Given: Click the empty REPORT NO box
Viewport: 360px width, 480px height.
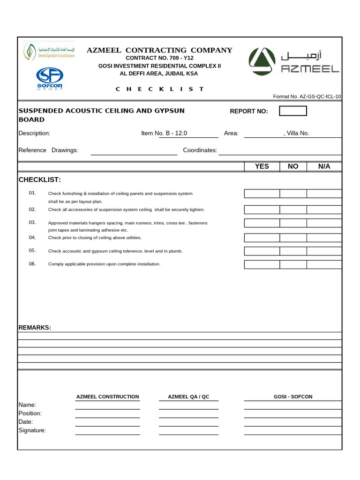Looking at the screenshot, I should coord(293,111).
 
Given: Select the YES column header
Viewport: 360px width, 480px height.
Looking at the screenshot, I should coord(262,166).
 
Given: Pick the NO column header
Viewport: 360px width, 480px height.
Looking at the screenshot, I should coord(293,166).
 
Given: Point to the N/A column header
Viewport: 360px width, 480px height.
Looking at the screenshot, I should coord(324,166).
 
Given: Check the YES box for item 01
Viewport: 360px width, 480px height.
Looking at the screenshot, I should coord(262,194).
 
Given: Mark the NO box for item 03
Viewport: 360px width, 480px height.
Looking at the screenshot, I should coord(293,223).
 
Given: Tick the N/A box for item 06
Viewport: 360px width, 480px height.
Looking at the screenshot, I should coord(324,264).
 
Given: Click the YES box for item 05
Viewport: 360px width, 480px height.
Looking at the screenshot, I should coord(262,251).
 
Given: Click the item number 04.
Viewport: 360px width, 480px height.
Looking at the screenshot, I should coord(32,237).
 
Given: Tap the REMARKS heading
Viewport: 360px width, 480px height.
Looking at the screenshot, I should coord(35,327).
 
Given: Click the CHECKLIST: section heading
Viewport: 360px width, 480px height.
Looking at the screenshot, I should coord(40,180).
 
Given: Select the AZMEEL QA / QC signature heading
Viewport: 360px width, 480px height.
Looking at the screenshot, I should coord(188,397).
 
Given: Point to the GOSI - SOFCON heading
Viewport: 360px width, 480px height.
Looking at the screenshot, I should coord(293,397).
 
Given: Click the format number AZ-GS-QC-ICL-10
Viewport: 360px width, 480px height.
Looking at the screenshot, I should coord(307,97).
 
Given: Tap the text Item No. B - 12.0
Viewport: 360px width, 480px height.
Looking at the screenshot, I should coord(164,133).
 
